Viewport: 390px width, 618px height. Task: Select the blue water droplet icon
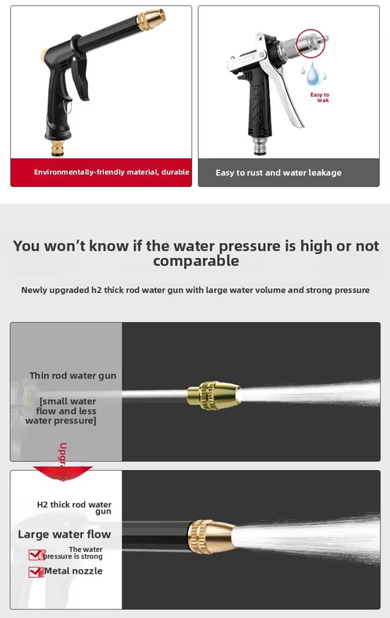click(x=312, y=75)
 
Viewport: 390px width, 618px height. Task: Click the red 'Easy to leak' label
click(x=320, y=97)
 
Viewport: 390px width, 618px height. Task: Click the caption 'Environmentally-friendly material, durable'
click(x=112, y=172)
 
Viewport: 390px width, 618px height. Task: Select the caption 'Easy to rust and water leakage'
click(x=278, y=173)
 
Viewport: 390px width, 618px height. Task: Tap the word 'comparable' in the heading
click(x=195, y=261)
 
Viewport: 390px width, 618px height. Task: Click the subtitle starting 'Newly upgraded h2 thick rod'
click(x=195, y=290)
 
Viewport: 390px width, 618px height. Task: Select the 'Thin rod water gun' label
click(x=73, y=376)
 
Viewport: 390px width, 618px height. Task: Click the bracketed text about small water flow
click(x=67, y=411)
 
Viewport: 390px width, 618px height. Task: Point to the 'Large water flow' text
click(x=65, y=534)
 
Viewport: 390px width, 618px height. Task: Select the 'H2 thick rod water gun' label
click(x=74, y=507)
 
